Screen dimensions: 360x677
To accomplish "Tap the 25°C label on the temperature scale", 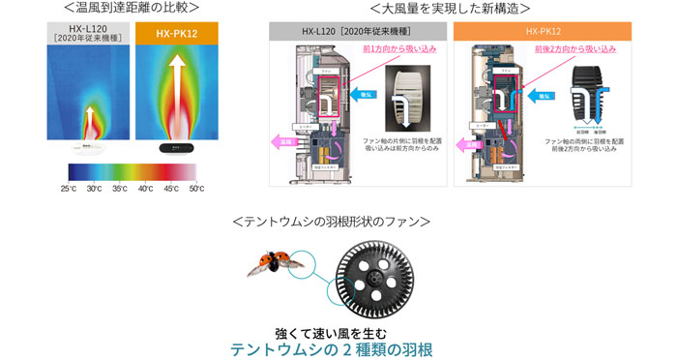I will click(x=69, y=188).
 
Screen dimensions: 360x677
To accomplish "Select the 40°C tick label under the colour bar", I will click(x=145, y=188).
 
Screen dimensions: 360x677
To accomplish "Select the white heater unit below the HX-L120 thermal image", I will click(x=84, y=148).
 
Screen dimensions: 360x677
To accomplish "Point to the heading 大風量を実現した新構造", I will click(x=451, y=9).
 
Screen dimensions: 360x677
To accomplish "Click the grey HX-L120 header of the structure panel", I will click(x=357, y=32).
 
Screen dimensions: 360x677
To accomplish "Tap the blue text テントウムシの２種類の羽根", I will click(x=331, y=348).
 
